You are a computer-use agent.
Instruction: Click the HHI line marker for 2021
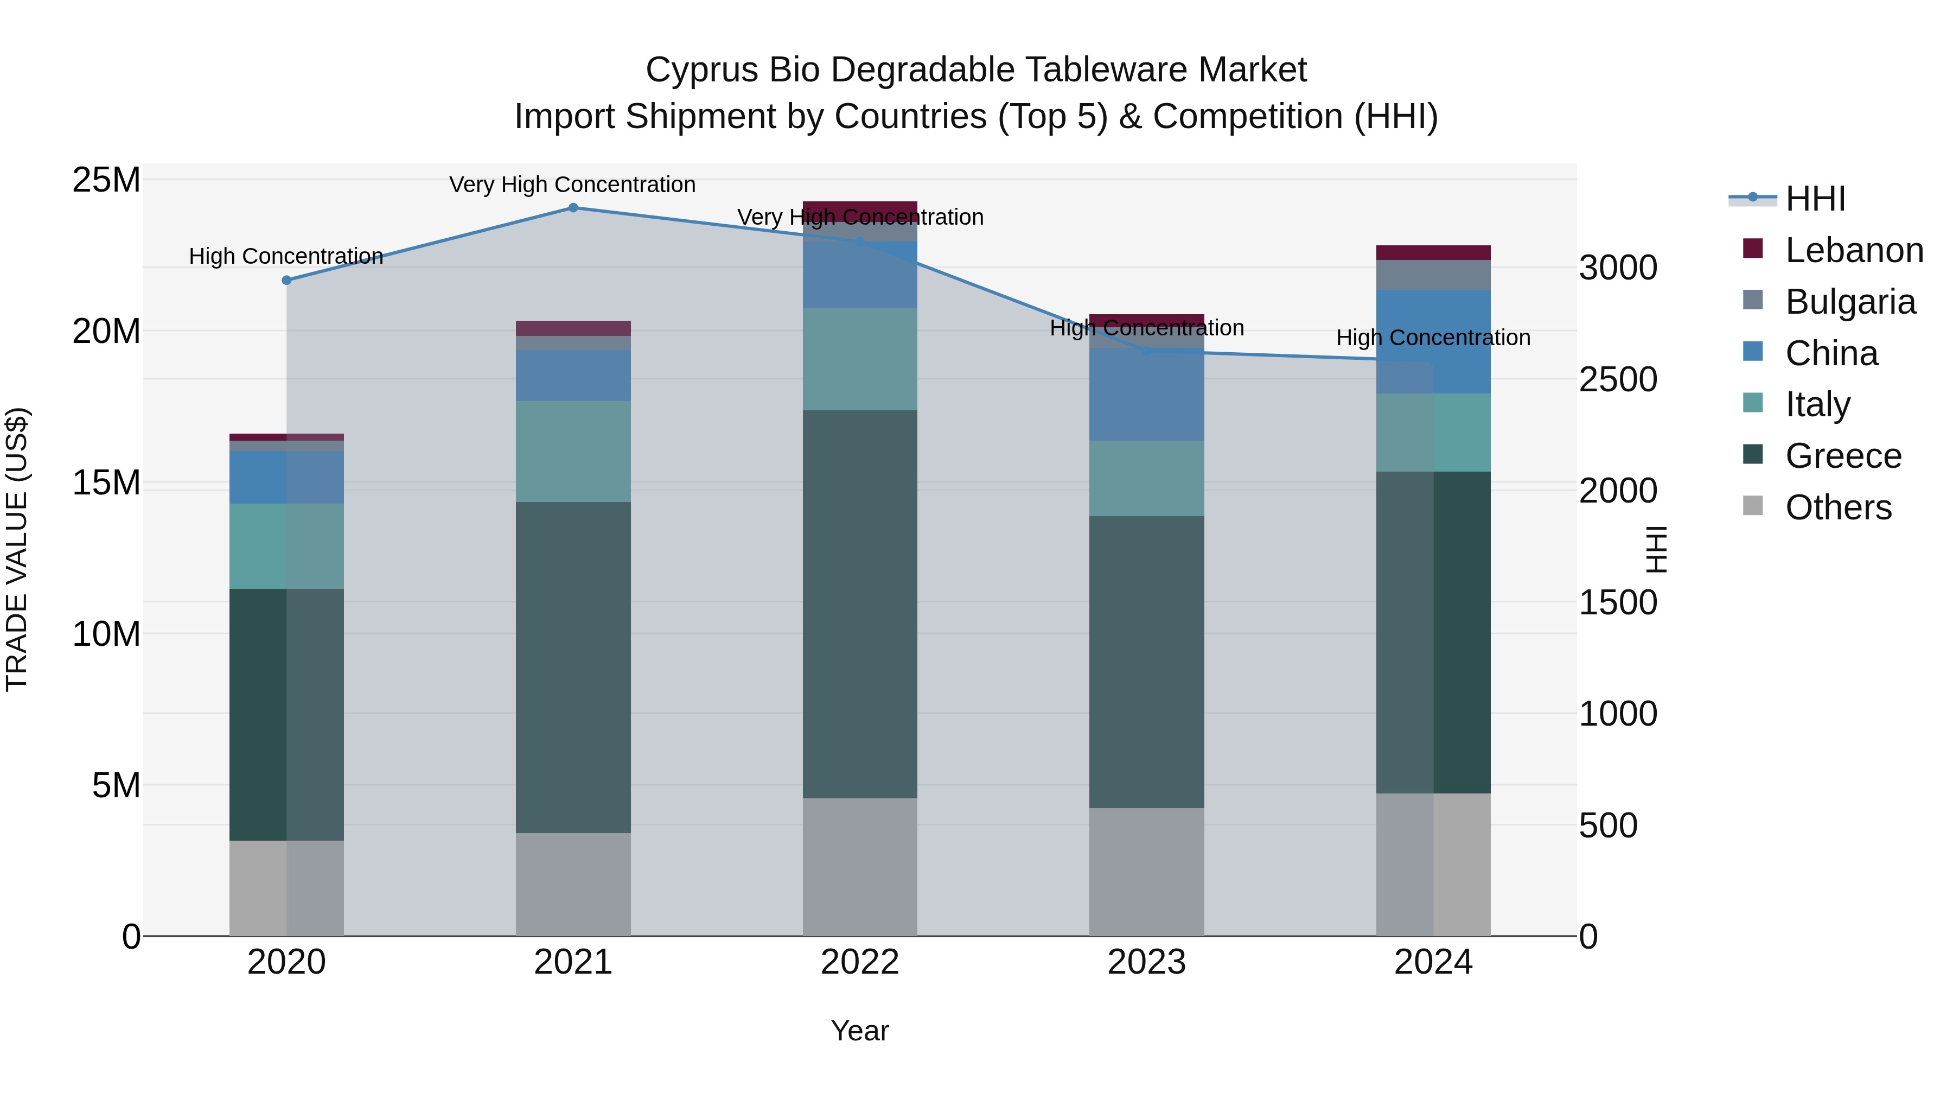coord(573,208)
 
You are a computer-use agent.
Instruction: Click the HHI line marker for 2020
coord(286,281)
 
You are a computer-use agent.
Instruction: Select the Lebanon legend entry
coord(1854,250)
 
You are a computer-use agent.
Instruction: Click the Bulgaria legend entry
coord(1850,302)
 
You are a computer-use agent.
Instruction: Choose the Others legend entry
coord(1838,507)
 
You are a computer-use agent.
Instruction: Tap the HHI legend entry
coord(1815,199)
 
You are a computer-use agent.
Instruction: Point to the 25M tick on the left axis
coord(106,181)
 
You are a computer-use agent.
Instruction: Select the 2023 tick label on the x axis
coord(1146,962)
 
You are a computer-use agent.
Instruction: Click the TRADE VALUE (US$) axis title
coord(17,549)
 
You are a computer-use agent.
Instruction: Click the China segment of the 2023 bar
coord(1146,395)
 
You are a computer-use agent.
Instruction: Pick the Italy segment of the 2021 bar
coord(573,452)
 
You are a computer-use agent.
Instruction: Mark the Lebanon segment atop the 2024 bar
coord(1433,252)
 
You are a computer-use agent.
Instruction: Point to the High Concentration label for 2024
coord(1433,338)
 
